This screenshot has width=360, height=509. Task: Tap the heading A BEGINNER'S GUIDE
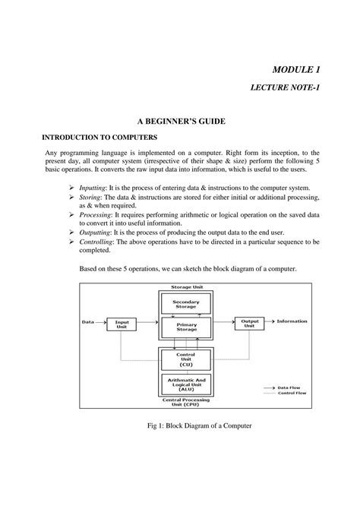[179, 122]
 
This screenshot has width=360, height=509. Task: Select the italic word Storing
[94, 196]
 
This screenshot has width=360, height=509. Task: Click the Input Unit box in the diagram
[122, 323]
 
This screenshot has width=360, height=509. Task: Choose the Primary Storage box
[186, 327]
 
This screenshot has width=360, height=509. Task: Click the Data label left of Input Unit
[87, 321]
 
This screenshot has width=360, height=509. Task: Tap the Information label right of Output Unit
[292, 321]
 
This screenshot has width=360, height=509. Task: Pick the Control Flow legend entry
[291, 393]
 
